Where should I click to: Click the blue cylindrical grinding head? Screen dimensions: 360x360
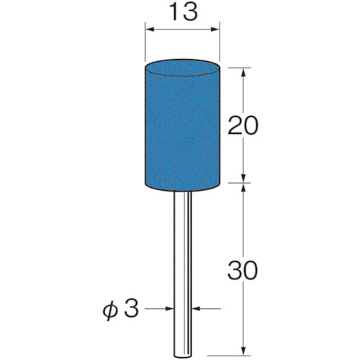click(183, 130)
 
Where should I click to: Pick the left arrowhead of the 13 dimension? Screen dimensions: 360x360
click(150, 30)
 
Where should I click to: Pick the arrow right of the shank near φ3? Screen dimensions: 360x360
click(197, 310)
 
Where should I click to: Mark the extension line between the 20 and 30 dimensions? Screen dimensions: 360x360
click(238, 183)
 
